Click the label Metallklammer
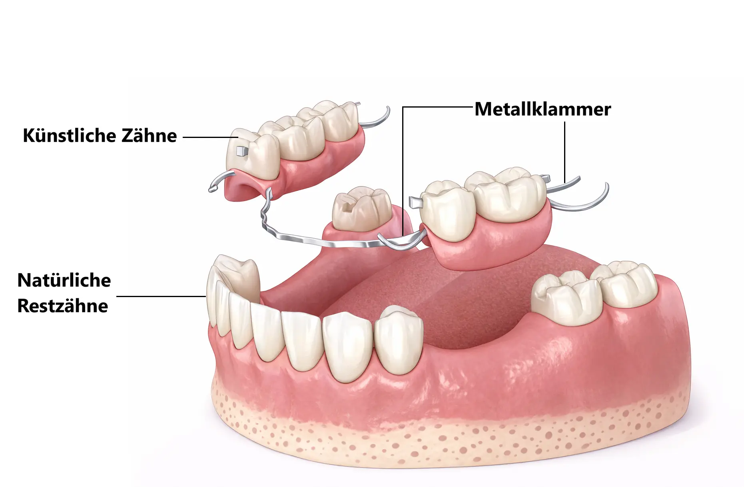click(543, 109)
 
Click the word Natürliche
click(64, 280)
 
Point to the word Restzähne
click(62, 306)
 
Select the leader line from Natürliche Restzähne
click(160, 296)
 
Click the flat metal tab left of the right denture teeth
click(416, 202)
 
